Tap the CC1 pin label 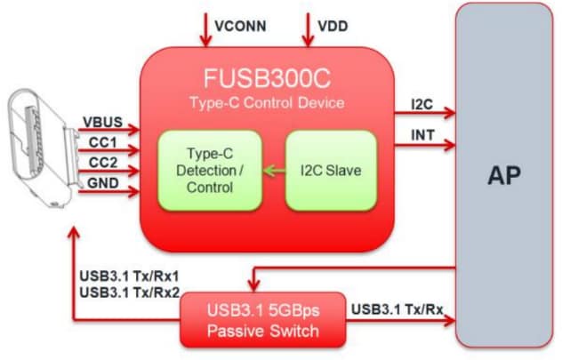tap(99, 142)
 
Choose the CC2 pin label tap(99, 163)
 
